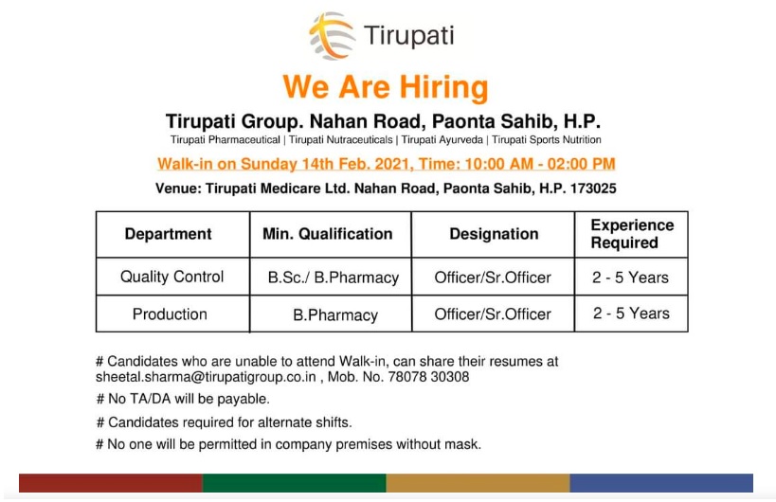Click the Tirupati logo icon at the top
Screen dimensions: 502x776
[x=331, y=37]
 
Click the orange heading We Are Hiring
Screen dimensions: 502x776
[x=385, y=87]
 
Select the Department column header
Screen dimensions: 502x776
[x=168, y=234]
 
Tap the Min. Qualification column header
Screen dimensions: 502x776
[x=327, y=234]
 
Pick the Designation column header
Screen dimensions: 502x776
[x=493, y=234]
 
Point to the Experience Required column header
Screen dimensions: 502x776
[x=631, y=234]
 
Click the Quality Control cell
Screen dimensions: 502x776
[x=171, y=277]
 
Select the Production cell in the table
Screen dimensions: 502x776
[x=170, y=314]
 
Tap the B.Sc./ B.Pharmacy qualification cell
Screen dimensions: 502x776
[x=333, y=278]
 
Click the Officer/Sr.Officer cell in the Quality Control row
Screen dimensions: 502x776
[x=493, y=278]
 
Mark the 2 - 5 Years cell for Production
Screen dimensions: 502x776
[x=631, y=314]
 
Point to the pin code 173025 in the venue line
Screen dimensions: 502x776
[x=593, y=188]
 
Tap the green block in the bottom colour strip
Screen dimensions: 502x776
[x=294, y=483]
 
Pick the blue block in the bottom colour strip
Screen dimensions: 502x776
[x=661, y=483]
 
